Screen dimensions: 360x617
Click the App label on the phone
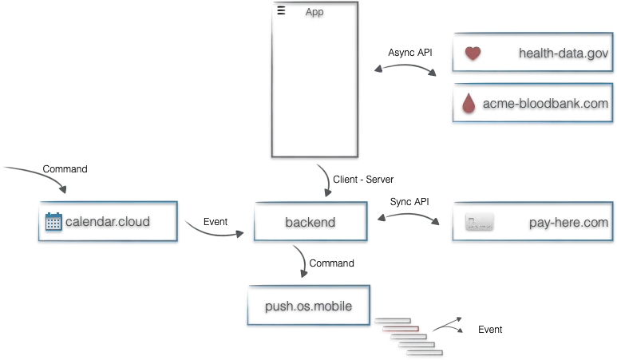click(x=314, y=12)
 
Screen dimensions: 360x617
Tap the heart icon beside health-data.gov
click(x=473, y=53)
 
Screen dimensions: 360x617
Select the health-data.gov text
click(x=564, y=53)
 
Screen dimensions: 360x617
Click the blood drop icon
click(x=469, y=104)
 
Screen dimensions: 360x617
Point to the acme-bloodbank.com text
click(x=545, y=104)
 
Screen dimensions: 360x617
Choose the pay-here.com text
click(x=568, y=222)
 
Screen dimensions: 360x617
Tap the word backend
click(x=310, y=222)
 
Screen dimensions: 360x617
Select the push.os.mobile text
click(x=308, y=306)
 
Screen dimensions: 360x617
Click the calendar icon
click(x=53, y=221)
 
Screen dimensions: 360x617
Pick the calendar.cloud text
click(x=107, y=221)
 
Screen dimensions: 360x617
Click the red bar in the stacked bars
click(x=400, y=328)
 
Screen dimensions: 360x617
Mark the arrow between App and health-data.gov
click(x=405, y=70)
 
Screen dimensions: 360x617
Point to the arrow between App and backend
click(x=322, y=179)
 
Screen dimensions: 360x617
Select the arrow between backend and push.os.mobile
click(x=303, y=262)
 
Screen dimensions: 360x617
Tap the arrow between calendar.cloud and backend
click(x=215, y=231)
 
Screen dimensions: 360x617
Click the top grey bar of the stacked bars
click(x=392, y=321)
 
